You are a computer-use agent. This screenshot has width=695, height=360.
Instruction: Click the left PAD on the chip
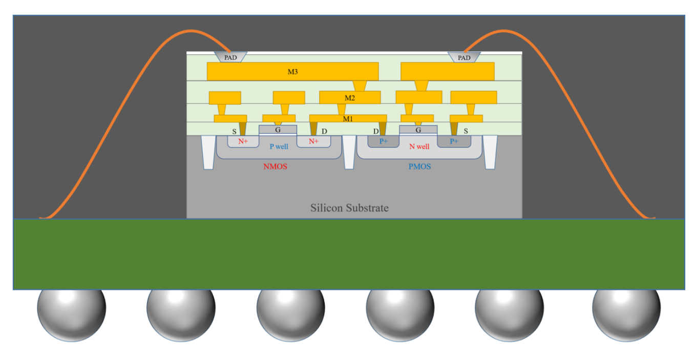[230, 57]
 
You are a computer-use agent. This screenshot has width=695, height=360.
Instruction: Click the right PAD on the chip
[464, 57]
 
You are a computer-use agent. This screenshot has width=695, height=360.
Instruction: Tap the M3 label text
[292, 72]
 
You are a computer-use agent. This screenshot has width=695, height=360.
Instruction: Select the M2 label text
[350, 97]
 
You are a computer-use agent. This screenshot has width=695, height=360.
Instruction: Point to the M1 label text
[348, 119]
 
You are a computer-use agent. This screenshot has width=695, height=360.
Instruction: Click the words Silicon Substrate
[349, 208]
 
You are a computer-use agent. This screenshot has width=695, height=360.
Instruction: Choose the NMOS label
[276, 166]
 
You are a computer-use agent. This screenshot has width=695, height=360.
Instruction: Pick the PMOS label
[419, 166]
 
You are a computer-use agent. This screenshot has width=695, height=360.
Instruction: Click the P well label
[279, 146]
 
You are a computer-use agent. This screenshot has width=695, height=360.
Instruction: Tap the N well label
[419, 146]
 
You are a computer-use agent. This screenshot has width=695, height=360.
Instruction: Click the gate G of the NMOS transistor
[278, 130]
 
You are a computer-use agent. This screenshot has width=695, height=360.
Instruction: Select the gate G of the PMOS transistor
[418, 130]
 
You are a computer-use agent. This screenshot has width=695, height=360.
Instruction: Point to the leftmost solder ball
[72, 309]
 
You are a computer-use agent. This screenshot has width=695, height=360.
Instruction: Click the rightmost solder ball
[626, 309]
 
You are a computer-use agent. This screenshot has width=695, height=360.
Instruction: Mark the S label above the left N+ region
[235, 132]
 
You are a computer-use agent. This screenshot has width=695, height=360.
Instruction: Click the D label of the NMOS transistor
[324, 132]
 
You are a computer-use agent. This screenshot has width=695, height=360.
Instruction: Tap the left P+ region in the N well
[383, 141]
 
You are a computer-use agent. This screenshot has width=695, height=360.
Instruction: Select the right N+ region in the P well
[313, 141]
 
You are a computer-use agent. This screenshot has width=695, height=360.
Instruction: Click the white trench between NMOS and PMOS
[349, 152]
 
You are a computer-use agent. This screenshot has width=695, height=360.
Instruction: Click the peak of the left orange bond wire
[191, 32]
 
